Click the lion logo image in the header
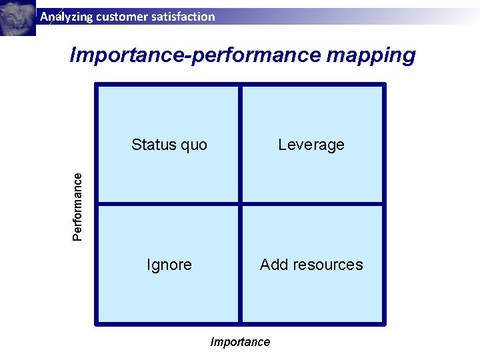[17, 17]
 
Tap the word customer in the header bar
[119, 17]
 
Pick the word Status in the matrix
[152, 145]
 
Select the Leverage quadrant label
[311, 145]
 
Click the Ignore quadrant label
[169, 265]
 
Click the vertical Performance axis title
[78, 207]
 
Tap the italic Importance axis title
[240, 342]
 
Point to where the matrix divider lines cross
[240, 203]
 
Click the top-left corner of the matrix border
[97, 85]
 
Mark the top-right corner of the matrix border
[384, 85]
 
